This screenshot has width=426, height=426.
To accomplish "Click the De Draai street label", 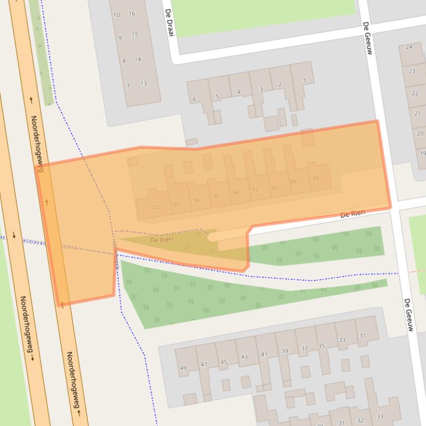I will click(x=170, y=25).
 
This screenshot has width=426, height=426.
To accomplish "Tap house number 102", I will click(x=155, y=207).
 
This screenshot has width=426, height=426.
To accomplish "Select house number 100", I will click(x=174, y=205).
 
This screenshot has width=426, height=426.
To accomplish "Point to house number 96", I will click(x=216, y=196).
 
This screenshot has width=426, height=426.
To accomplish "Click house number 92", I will click(x=254, y=189).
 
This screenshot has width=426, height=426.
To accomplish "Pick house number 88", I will click(x=293, y=181).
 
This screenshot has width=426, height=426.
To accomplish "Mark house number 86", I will click(x=316, y=178).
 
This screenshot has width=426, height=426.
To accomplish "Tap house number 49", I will click(x=184, y=368).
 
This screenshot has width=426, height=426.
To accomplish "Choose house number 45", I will click(x=224, y=362).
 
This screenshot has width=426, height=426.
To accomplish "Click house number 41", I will click(x=264, y=354).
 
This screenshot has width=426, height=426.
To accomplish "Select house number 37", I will click(x=304, y=349).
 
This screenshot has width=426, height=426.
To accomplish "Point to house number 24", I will click(x=409, y=47).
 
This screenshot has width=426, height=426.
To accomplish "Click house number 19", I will click(x=423, y=153).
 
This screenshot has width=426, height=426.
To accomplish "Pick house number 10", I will click(x=116, y=15).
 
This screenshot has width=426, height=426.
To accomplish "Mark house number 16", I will click(x=132, y=14).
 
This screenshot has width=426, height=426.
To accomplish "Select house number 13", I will click(x=143, y=84).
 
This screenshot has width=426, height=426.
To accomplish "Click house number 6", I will click(x=194, y=100).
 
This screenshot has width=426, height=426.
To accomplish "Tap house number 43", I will click(x=244, y=357).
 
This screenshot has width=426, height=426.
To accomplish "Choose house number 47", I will click(x=204, y=365).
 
